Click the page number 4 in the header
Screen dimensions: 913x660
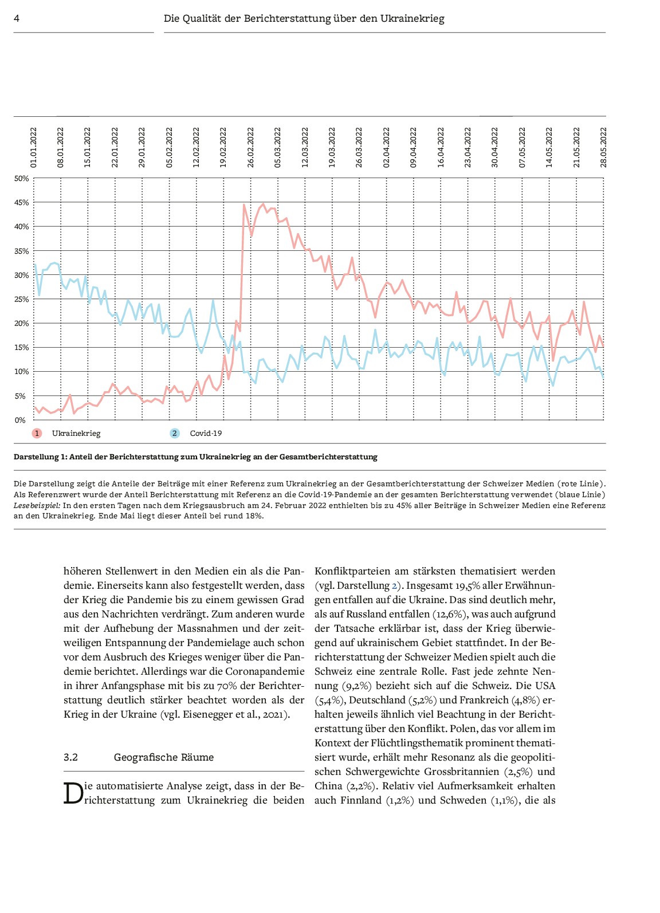[x=17, y=18]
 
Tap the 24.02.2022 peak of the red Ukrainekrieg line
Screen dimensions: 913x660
[x=244, y=205]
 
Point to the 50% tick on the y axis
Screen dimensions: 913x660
[x=21, y=179]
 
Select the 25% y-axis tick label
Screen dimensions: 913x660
[x=21, y=300]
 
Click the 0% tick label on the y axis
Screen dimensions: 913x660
[x=20, y=420]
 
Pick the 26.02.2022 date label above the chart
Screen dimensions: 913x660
[x=251, y=147]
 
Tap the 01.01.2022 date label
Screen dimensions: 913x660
[x=34, y=147]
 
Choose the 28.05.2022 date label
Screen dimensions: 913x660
[x=604, y=147]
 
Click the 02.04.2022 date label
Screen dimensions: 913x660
[x=387, y=147]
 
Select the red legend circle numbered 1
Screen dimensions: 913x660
[x=37, y=434]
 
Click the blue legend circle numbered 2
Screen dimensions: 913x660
[x=175, y=434]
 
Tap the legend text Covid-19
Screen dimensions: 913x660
[x=206, y=434]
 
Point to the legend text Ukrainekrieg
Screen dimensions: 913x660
[x=76, y=434]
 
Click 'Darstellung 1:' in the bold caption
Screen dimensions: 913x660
[x=40, y=457]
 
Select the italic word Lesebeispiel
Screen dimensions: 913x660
[x=37, y=505]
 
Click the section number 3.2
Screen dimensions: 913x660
[x=70, y=757]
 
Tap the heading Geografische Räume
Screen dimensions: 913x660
[x=164, y=757]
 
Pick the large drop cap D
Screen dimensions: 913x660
[x=73, y=793]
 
